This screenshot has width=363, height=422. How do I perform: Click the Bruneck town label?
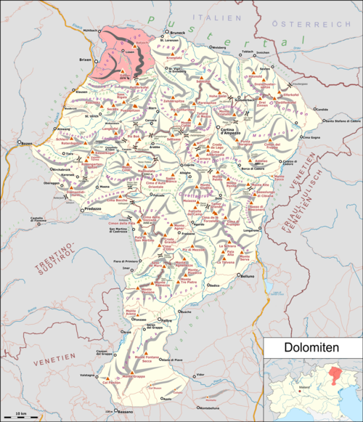(179, 33)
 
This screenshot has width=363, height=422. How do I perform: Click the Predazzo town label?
(91, 207)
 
